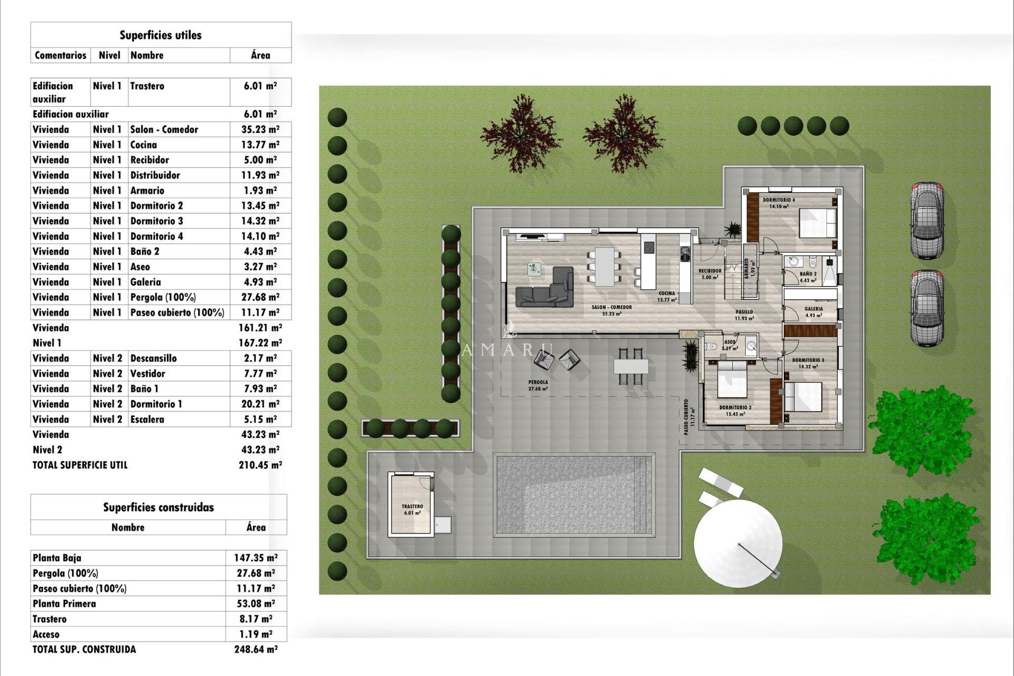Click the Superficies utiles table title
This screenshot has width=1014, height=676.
coord(161,35)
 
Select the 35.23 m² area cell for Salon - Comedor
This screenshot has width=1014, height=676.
coord(260,129)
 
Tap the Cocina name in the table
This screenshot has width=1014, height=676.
coord(144,145)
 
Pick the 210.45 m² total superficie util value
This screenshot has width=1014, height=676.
coord(260,465)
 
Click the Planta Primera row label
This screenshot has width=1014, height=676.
coord(64,604)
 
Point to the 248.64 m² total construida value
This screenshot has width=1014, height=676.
coord(256,650)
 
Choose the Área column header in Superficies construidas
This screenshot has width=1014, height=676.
coord(256,527)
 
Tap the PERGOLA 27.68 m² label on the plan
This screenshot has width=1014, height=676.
coord(538,385)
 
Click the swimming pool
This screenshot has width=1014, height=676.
coord(574,495)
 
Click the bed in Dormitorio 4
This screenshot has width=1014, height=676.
coord(818,223)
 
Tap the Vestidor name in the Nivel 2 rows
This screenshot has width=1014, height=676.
coord(148,373)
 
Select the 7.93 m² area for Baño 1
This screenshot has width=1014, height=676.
coord(260,389)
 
